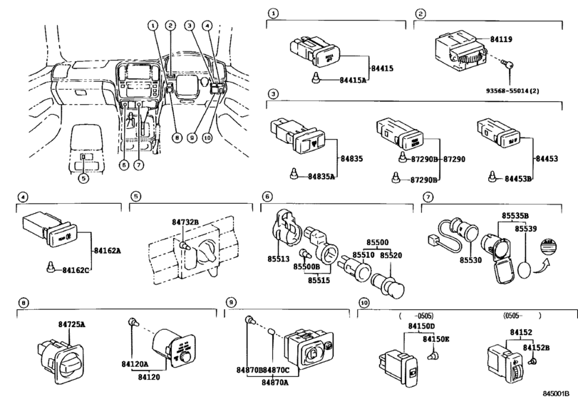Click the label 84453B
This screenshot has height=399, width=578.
pos(519,178)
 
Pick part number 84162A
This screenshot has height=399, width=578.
pos(108,251)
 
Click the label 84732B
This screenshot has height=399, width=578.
pos(185,222)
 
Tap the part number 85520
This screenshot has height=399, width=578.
pos(391,254)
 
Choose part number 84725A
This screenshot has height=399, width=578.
pos(72,325)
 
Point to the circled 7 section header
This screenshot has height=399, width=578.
pos(427,197)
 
